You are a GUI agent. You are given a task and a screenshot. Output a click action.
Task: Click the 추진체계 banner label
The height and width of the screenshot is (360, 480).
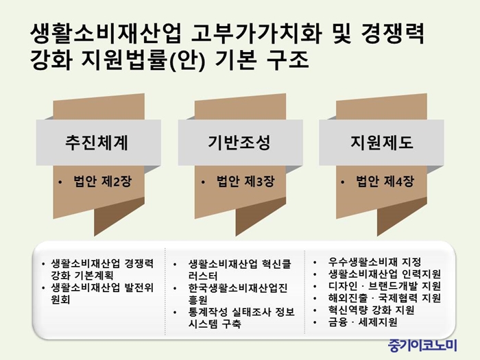(97, 143)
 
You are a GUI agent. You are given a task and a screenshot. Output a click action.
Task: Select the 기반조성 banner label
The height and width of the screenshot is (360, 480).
(239, 143)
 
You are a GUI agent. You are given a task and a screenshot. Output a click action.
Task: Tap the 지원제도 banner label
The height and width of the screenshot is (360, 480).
(382, 143)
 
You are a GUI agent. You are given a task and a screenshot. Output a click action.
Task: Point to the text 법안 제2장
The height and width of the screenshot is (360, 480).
(103, 181)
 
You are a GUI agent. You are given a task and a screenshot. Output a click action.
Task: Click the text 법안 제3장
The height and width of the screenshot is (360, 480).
(245, 181)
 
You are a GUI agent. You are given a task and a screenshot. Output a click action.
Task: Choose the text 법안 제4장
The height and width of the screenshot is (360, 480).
(385, 181)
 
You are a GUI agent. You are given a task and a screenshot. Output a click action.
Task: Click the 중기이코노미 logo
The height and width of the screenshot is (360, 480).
(422, 346)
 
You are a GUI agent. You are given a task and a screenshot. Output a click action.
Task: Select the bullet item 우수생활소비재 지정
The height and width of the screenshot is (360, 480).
(374, 262)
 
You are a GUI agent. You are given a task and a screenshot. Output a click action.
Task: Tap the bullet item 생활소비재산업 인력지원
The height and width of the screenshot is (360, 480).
(385, 274)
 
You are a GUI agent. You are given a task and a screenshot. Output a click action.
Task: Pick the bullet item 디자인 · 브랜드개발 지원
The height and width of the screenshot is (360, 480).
(385, 286)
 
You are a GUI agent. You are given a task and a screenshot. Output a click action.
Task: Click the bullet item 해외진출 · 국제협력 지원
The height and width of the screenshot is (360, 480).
(385, 298)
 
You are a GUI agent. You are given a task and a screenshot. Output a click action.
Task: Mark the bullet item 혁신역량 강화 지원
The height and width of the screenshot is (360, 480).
(372, 310)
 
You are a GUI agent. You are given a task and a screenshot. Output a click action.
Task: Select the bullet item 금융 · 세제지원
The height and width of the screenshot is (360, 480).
(363, 322)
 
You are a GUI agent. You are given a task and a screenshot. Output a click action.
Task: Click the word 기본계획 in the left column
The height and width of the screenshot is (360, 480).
(94, 276)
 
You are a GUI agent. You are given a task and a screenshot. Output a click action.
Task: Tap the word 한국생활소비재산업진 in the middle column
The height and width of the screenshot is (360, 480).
(238, 288)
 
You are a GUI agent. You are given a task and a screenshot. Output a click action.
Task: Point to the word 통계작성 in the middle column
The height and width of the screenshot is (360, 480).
(208, 312)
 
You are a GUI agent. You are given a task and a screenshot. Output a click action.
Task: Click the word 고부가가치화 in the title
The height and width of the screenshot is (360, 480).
(256, 34)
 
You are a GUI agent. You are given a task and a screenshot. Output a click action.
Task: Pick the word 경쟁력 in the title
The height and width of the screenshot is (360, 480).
(393, 34)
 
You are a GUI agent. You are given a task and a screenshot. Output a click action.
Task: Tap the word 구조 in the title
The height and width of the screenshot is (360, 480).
(287, 60)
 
